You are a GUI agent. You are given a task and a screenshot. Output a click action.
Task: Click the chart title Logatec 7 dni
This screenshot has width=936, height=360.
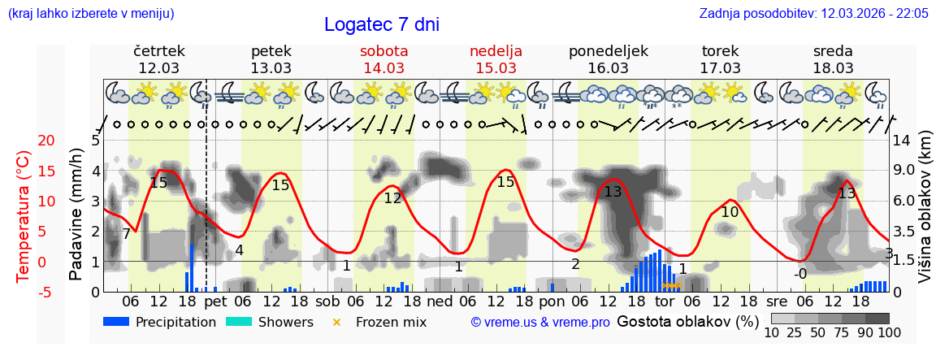tap(381, 24)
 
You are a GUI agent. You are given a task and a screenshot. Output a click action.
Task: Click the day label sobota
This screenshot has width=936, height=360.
tap(383, 51)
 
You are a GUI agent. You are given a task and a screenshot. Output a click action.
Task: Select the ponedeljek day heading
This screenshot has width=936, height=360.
tap(609, 51)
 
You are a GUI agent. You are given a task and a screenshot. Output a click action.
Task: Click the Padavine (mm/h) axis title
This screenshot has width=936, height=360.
tap(76, 215)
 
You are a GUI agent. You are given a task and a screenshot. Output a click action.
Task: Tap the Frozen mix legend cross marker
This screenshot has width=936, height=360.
tap(337, 323)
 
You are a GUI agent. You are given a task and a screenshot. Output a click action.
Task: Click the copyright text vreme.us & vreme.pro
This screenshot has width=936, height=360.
tap(540, 323)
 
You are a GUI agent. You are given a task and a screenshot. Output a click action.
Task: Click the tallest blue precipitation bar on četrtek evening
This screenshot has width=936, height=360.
tap(192, 267)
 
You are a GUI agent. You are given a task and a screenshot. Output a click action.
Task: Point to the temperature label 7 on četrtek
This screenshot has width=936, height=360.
tap(126, 234)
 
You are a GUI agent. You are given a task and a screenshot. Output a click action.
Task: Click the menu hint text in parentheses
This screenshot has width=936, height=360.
tap(91, 14)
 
